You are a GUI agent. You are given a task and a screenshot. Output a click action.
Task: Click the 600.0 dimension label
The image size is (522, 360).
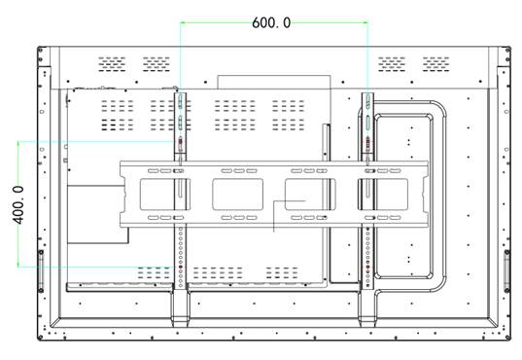(x=271, y=23)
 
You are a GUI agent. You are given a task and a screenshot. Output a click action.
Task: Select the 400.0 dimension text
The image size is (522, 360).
(x=18, y=204)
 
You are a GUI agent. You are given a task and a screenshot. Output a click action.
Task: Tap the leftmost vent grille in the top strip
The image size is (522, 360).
(x=112, y=64)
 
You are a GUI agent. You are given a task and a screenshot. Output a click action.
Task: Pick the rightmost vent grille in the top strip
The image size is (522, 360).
(x=436, y=64)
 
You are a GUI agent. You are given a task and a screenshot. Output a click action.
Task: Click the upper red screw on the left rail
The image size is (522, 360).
(x=181, y=142)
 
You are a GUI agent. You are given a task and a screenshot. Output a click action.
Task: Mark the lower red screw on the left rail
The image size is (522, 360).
(x=181, y=267)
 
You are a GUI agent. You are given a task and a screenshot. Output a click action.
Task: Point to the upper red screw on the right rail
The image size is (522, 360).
(x=367, y=142)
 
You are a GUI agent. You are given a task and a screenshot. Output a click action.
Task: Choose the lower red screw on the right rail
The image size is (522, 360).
(x=367, y=267)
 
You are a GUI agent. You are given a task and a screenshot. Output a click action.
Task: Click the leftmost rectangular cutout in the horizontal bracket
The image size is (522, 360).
(x=165, y=195)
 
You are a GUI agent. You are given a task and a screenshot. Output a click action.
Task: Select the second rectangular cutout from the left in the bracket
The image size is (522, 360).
(x=238, y=195)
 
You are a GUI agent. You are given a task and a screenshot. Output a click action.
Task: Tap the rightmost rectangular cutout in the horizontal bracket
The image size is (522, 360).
(x=383, y=195)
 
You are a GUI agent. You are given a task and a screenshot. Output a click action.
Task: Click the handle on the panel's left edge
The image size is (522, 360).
(x=41, y=270)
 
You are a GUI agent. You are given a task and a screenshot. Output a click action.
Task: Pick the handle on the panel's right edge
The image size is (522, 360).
(x=507, y=270)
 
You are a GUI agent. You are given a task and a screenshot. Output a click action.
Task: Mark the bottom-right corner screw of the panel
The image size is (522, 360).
(x=507, y=338)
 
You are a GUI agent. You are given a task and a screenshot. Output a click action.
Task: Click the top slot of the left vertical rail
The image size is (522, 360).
(x=181, y=101)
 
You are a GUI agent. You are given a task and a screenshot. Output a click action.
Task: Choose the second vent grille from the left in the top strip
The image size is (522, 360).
(x=157, y=64)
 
